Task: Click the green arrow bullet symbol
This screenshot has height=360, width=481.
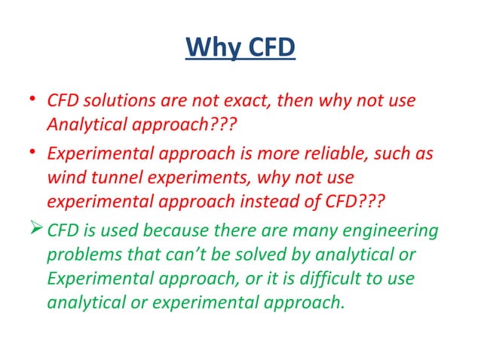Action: click(35, 230)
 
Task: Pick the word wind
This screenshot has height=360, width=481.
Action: click(65, 179)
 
